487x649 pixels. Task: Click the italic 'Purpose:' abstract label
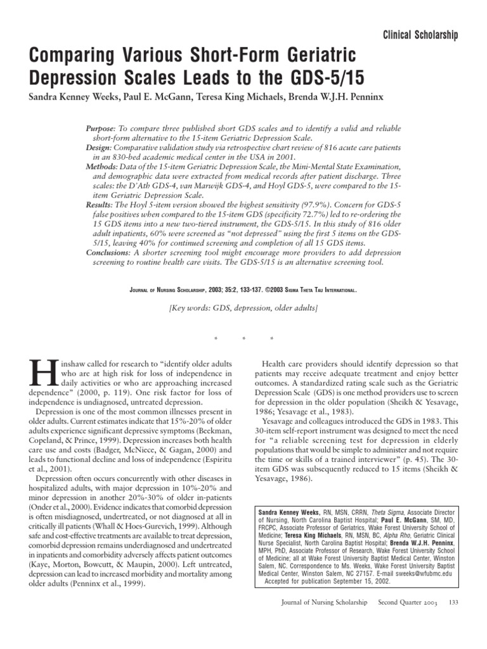pos(101,129)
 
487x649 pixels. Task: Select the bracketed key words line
pos(243,307)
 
